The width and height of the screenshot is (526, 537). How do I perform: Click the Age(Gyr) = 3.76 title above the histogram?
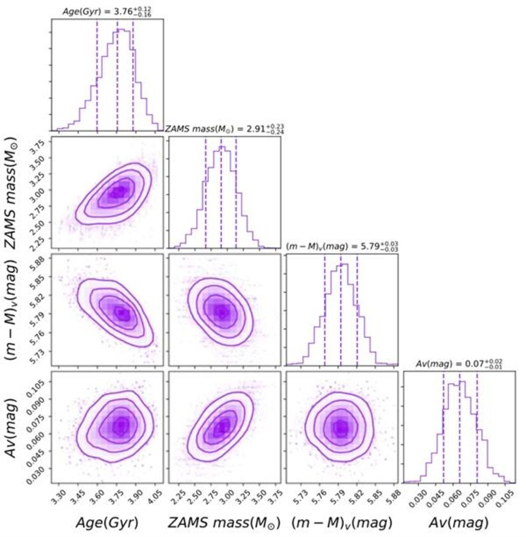(x=106, y=10)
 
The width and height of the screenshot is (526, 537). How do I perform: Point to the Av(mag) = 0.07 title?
(x=459, y=364)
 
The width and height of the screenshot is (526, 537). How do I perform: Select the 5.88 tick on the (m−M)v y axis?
(x=38, y=262)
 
